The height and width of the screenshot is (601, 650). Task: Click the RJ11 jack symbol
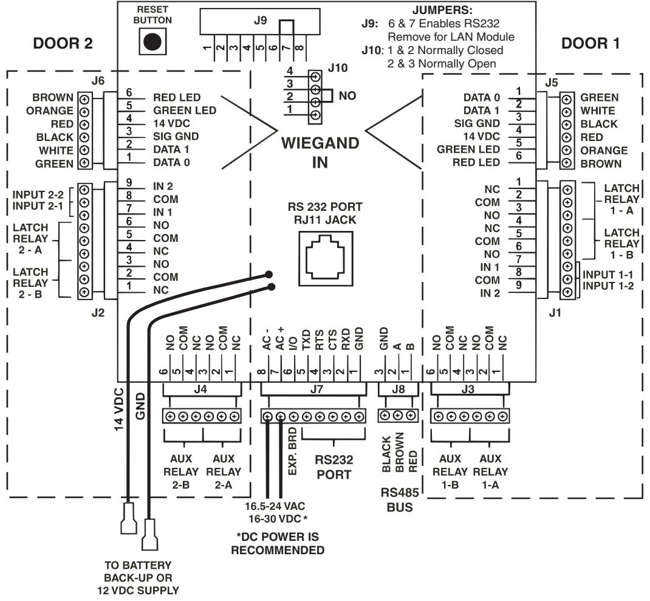click(326, 259)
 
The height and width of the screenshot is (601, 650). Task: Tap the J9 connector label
click(260, 20)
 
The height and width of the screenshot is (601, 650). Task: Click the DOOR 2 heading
click(63, 43)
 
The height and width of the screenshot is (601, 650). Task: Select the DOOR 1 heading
click(590, 43)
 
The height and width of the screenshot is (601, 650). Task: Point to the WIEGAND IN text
click(320, 153)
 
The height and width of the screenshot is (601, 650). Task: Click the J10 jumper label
click(337, 67)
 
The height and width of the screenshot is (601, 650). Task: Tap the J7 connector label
click(316, 389)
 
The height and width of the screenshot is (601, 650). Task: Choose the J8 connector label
click(398, 389)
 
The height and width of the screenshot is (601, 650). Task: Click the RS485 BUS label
click(400, 500)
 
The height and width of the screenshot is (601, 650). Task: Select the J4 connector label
click(200, 389)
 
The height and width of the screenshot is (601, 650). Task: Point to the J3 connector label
click(468, 389)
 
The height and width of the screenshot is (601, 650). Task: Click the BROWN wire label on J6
click(53, 97)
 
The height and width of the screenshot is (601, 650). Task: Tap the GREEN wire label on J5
click(600, 97)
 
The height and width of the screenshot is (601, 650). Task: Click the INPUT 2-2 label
click(38, 194)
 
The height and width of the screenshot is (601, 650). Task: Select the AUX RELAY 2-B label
click(181, 472)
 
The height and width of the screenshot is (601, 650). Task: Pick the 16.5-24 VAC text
click(275, 506)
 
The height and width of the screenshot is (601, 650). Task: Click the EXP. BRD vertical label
click(292, 452)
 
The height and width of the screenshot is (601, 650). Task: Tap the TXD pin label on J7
click(306, 340)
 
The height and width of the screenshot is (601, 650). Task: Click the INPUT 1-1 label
click(607, 275)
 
